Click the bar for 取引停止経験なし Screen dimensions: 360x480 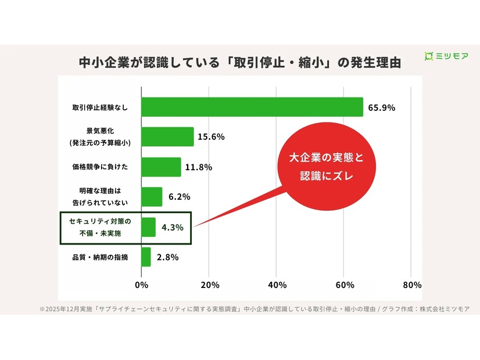click(252, 107)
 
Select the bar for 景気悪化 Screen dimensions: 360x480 click(167, 137)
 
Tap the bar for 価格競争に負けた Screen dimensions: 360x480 click(161, 167)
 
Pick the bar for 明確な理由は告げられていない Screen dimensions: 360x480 click(152, 197)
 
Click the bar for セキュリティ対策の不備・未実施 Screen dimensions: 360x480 click(149, 227)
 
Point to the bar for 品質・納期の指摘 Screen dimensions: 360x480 click(146, 257)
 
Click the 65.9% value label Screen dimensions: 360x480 click(382, 107)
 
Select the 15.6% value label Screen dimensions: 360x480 click(212, 138)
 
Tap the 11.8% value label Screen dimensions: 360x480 click(199, 167)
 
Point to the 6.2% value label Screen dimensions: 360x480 click(180, 197)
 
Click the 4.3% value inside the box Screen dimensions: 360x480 click(173, 228)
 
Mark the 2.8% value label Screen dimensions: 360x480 click(167, 257)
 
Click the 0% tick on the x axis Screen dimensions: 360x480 click(141, 285)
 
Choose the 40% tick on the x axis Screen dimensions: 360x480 click(277, 285)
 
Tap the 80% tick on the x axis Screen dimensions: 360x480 click(411, 285)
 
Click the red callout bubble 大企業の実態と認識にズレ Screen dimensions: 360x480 click(325, 167)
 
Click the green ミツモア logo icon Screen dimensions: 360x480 click(429, 56)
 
